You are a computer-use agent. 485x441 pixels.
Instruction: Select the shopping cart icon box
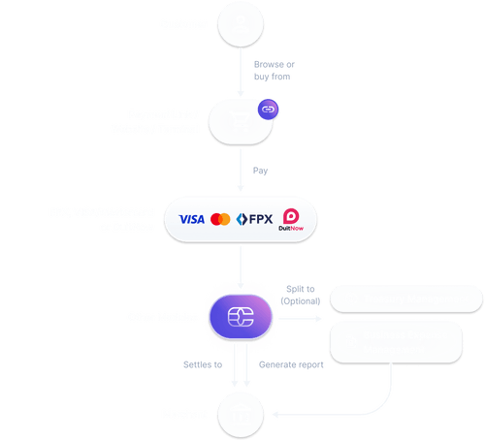coord(240,121)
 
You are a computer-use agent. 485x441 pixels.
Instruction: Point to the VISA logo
coord(191,220)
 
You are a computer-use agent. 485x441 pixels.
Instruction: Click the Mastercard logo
coord(220,220)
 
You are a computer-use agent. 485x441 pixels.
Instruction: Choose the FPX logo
coord(253,220)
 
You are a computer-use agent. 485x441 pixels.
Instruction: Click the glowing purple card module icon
coord(240,317)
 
